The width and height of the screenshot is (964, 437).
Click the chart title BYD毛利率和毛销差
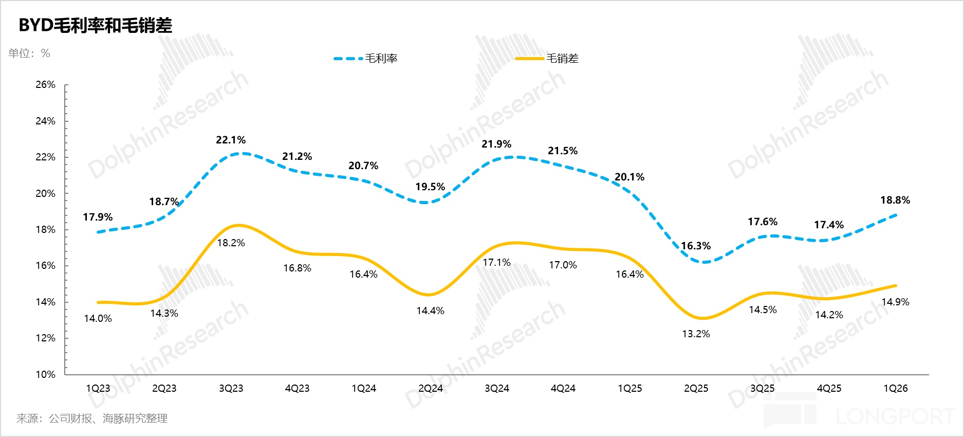click(95, 26)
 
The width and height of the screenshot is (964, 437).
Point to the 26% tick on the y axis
click(45, 85)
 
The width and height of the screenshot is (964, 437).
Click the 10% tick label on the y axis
click(45, 374)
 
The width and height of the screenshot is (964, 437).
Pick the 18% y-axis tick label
click(45, 230)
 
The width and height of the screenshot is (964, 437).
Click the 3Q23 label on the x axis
click(231, 389)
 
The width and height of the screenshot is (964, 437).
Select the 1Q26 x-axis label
click(895, 389)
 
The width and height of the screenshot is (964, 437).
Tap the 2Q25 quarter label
click(696, 389)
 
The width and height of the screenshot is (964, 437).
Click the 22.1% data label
click(231, 140)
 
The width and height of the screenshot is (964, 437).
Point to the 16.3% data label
click(696, 246)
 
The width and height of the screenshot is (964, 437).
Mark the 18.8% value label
click(895, 200)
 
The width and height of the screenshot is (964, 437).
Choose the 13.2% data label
click(696, 334)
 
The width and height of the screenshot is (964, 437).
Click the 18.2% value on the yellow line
click(231, 243)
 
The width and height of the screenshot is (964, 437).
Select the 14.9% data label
click(895, 302)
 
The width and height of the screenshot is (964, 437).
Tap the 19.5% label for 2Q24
click(430, 187)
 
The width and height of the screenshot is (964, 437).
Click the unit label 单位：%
click(29, 53)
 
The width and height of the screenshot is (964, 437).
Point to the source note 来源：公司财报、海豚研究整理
click(92, 418)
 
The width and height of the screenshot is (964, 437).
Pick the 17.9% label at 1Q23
click(98, 217)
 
